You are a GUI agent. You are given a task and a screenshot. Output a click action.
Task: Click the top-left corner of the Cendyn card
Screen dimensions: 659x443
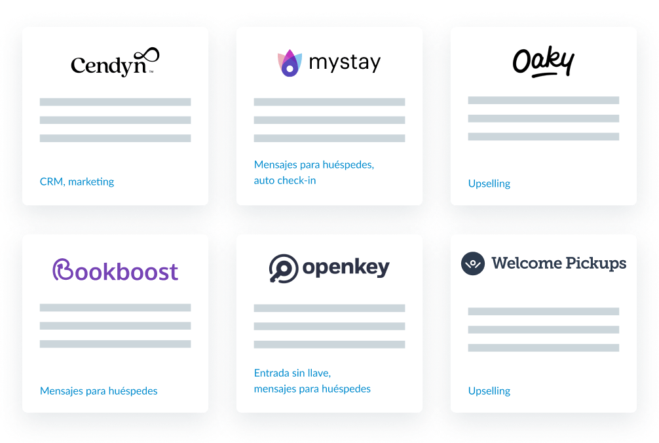click(x=23, y=28)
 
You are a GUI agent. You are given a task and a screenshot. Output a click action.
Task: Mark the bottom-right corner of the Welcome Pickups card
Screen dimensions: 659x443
click(x=636, y=412)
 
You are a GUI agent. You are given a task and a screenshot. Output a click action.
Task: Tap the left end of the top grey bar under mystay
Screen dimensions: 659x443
click(x=254, y=102)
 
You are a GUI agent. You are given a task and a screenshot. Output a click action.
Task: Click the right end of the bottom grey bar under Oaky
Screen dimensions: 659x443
click(x=619, y=136)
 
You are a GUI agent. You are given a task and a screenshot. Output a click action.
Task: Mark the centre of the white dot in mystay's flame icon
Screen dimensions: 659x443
click(x=290, y=68)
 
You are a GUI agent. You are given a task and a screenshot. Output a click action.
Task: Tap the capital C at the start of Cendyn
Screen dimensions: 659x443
click(x=78, y=65)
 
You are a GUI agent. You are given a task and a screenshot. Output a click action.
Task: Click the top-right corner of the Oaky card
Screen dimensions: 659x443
click(x=636, y=28)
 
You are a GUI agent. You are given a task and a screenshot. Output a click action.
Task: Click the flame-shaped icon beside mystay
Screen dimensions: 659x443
click(x=290, y=63)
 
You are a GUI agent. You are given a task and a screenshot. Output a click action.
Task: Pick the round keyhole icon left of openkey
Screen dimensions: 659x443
click(x=283, y=269)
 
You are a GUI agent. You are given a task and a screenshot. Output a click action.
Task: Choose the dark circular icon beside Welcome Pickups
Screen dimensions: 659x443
click(x=473, y=263)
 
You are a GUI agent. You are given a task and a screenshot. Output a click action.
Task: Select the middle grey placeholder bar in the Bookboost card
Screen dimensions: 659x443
click(x=115, y=326)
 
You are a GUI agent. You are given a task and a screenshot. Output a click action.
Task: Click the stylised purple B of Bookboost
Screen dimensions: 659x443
click(x=63, y=269)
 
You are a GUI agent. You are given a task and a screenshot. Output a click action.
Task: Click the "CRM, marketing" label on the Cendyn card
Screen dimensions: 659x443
click(x=77, y=182)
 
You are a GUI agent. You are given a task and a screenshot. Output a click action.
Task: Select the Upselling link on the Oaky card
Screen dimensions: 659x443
click(x=489, y=183)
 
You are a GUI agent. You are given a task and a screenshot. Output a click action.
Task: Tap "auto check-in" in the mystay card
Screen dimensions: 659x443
click(x=285, y=180)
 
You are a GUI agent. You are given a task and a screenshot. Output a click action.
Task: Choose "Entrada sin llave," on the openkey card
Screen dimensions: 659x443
click(x=293, y=373)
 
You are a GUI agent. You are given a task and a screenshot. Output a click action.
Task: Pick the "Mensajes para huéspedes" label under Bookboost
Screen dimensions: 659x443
click(x=99, y=391)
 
